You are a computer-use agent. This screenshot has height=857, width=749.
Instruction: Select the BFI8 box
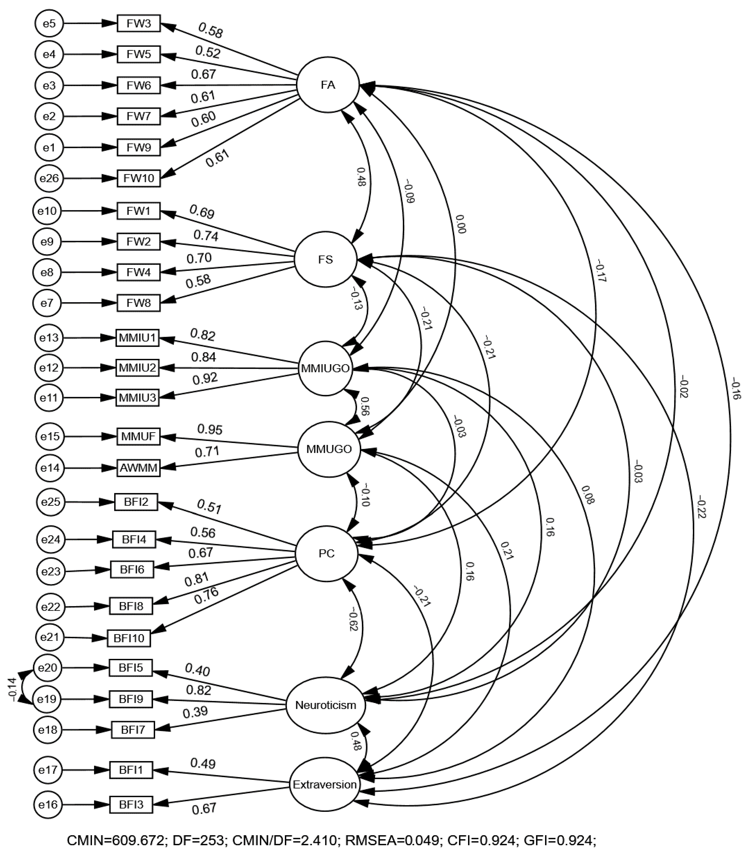[131, 606]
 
